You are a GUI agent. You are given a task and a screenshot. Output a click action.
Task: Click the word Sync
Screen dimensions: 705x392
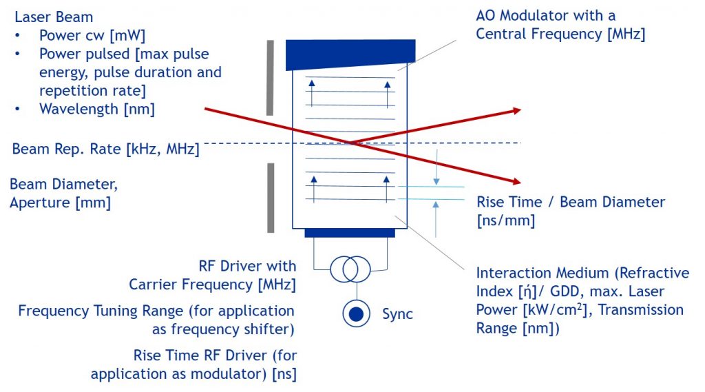point(397,313)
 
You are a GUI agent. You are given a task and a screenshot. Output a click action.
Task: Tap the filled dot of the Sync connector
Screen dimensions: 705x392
point(356,313)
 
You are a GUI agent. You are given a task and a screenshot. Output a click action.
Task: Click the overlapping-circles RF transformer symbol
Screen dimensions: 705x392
point(350,269)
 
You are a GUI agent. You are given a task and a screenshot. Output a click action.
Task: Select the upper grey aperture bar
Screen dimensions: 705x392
point(270,78)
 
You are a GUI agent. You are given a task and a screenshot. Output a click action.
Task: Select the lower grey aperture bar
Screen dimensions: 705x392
point(271,198)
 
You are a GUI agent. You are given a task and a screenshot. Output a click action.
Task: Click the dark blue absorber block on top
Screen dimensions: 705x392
point(350,54)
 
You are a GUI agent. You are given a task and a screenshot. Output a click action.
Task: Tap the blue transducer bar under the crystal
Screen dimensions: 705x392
point(350,233)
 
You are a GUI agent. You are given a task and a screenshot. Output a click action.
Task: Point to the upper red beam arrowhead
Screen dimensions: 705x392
point(516,110)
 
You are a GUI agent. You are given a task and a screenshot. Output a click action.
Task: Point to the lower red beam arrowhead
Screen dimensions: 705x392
point(516,181)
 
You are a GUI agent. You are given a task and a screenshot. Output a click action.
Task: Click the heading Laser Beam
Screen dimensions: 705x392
point(54,17)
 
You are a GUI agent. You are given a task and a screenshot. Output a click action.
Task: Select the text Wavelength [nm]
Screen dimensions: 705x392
point(96,110)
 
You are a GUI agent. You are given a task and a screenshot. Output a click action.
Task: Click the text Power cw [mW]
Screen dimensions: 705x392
point(92,36)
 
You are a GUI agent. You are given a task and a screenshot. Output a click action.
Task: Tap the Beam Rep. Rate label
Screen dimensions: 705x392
point(105,149)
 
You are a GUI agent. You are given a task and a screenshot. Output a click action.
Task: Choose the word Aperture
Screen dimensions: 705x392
point(39,203)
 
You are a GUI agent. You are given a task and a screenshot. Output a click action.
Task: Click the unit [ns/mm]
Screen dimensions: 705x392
point(506,220)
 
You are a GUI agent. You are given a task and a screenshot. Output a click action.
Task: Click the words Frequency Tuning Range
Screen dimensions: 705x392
point(101,311)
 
